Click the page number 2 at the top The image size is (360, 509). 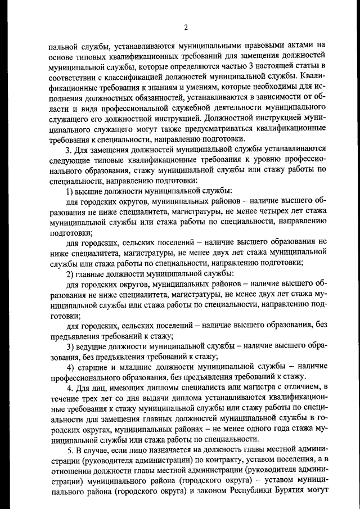(184, 28)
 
